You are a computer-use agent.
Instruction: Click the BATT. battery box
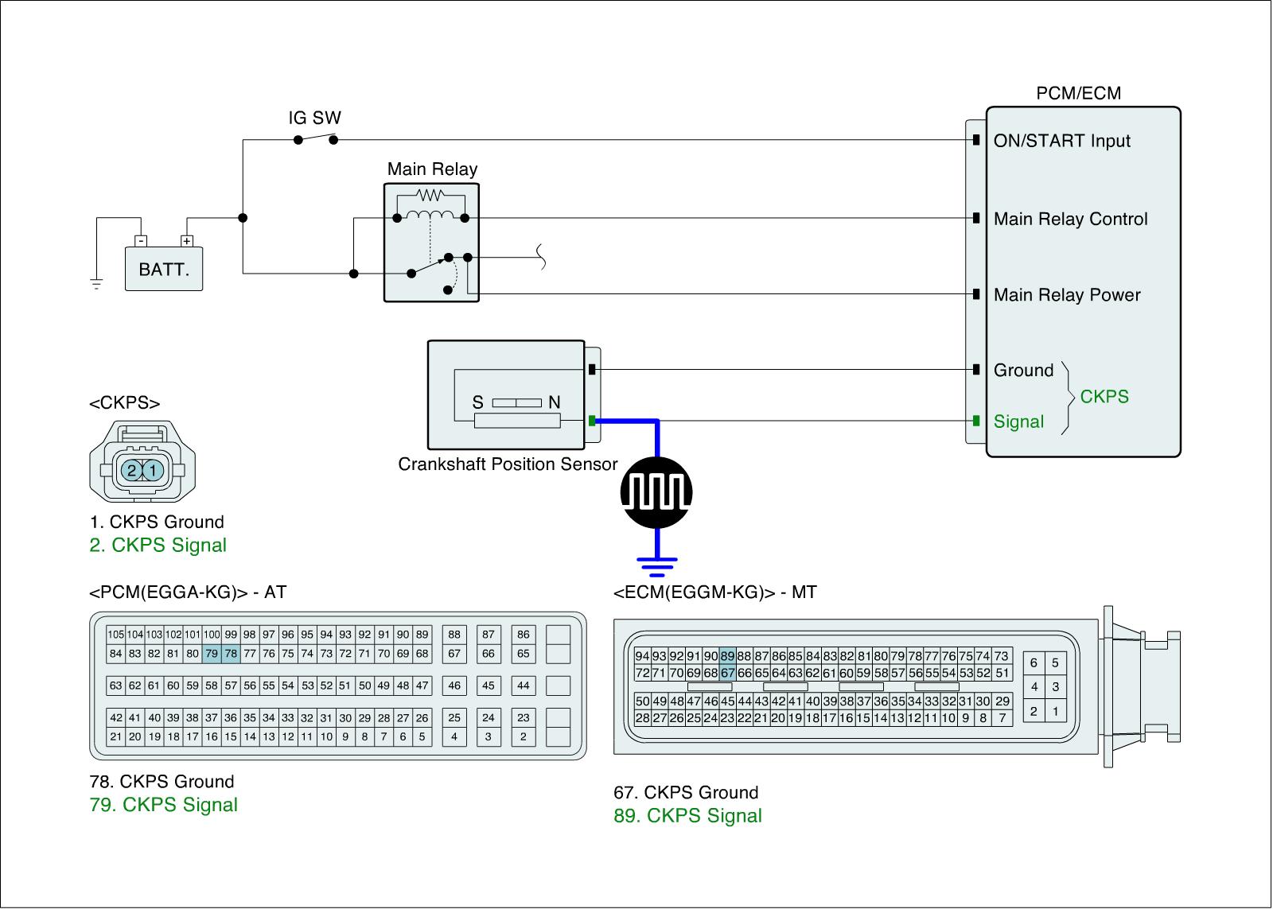pos(164,269)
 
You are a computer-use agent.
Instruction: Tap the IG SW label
pos(314,118)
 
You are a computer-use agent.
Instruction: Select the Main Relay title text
pos(432,169)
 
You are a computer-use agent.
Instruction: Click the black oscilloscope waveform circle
pos(656,493)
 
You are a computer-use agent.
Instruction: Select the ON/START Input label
pos(1061,141)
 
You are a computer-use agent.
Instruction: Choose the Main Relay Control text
pos(1070,219)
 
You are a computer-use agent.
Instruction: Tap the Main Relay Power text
pos(1066,295)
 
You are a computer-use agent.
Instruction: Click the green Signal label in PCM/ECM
pos(1018,421)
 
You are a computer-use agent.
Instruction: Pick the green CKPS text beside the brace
pos(1104,396)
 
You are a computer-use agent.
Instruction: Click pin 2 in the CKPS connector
pos(132,471)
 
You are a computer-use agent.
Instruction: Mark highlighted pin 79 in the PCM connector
pos(212,654)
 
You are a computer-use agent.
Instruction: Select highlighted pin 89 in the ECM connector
pos(727,656)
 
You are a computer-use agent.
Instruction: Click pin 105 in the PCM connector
pos(116,635)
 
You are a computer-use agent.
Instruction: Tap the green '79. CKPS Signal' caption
pos(164,805)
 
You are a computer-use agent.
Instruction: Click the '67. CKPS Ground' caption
pos(686,792)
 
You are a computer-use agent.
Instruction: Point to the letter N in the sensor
pos(554,402)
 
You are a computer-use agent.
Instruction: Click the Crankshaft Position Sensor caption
pos(508,464)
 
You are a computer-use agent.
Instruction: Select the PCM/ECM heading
pos(1078,93)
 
